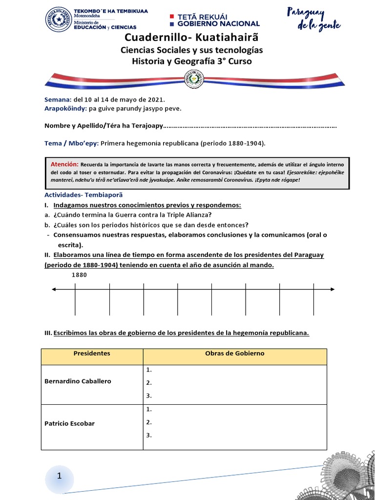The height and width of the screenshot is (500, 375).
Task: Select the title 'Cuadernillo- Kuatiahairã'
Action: [x=191, y=38]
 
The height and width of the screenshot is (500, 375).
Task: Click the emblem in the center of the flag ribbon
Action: [x=191, y=79]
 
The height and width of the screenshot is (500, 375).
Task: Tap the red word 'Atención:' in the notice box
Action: [x=64, y=165]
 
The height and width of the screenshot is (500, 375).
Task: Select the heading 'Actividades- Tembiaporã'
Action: [x=80, y=195]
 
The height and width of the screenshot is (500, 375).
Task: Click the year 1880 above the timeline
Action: [x=79, y=275]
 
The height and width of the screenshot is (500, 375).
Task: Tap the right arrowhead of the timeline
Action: [x=333, y=290]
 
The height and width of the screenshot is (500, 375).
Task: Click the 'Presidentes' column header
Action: [x=92, y=354]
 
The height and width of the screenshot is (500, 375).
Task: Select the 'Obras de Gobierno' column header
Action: [x=234, y=354]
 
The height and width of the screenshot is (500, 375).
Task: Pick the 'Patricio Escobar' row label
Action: [x=69, y=423]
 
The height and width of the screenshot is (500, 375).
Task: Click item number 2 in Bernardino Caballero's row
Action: [x=149, y=383]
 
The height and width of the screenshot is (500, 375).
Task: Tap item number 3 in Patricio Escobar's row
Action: [x=149, y=435]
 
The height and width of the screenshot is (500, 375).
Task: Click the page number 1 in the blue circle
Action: [x=59, y=476]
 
